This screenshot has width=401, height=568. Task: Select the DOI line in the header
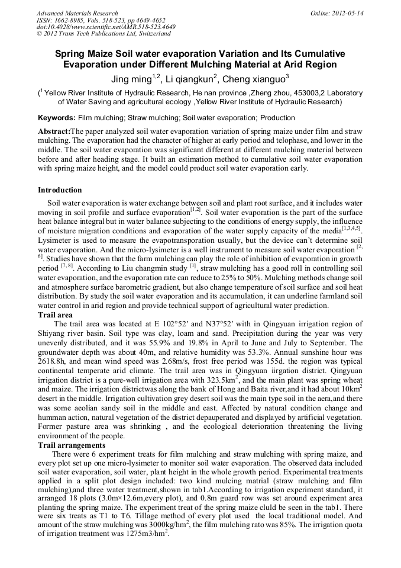[106, 27]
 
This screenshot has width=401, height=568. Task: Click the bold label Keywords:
[56, 118]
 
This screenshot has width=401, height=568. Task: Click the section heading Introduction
[60, 190]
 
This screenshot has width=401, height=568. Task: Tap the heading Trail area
[56, 315]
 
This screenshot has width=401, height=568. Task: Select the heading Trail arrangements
[72, 445]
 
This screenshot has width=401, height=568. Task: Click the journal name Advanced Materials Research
[77, 13]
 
